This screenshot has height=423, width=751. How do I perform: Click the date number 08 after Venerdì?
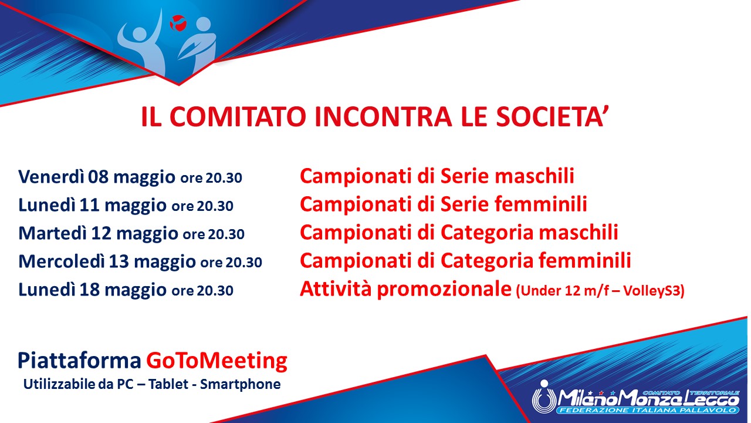click(x=98, y=177)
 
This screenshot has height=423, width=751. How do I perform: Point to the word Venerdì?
click(x=51, y=177)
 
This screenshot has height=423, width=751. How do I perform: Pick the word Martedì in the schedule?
click(x=52, y=233)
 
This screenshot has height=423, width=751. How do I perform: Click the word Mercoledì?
click(x=62, y=261)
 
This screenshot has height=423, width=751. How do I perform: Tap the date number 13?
click(x=119, y=261)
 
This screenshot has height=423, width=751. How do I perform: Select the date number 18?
click(x=90, y=290)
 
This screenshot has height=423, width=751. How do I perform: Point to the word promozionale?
click(x=444, y=290)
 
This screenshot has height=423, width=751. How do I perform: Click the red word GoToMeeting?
click(x=216, y=361)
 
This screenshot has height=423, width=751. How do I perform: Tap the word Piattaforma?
click(x=79, y=361)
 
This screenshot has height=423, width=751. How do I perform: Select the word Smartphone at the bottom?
click(x=240, y=384)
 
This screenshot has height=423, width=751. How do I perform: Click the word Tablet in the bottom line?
click(x=168, y=384)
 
